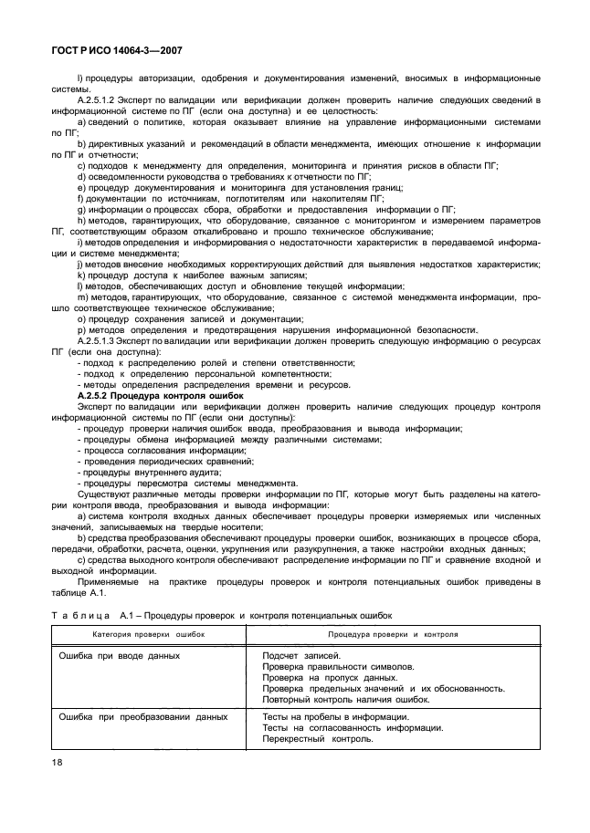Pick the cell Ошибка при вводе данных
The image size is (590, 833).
[119, 655]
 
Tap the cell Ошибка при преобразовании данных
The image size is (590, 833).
[142, 716]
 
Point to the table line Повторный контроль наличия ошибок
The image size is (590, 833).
[345, 699]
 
